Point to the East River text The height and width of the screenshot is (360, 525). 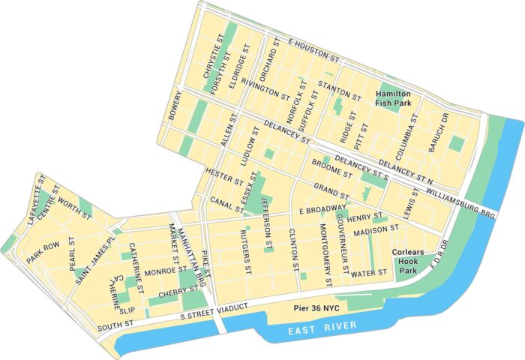click(324, 328)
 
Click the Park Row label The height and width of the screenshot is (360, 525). click(43, 253)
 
